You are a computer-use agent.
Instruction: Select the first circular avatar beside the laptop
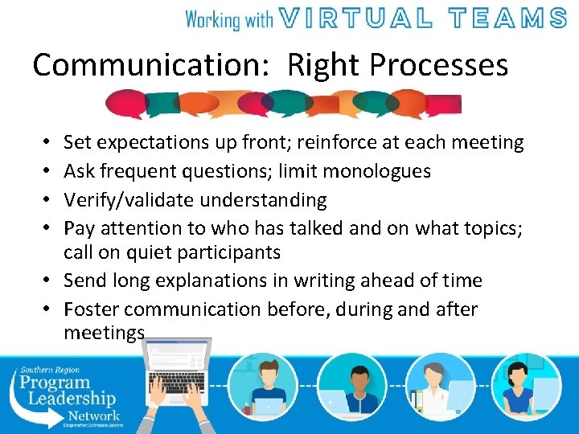264,386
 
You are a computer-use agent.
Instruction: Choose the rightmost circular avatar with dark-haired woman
527,386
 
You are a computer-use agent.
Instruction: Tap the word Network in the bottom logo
94,416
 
